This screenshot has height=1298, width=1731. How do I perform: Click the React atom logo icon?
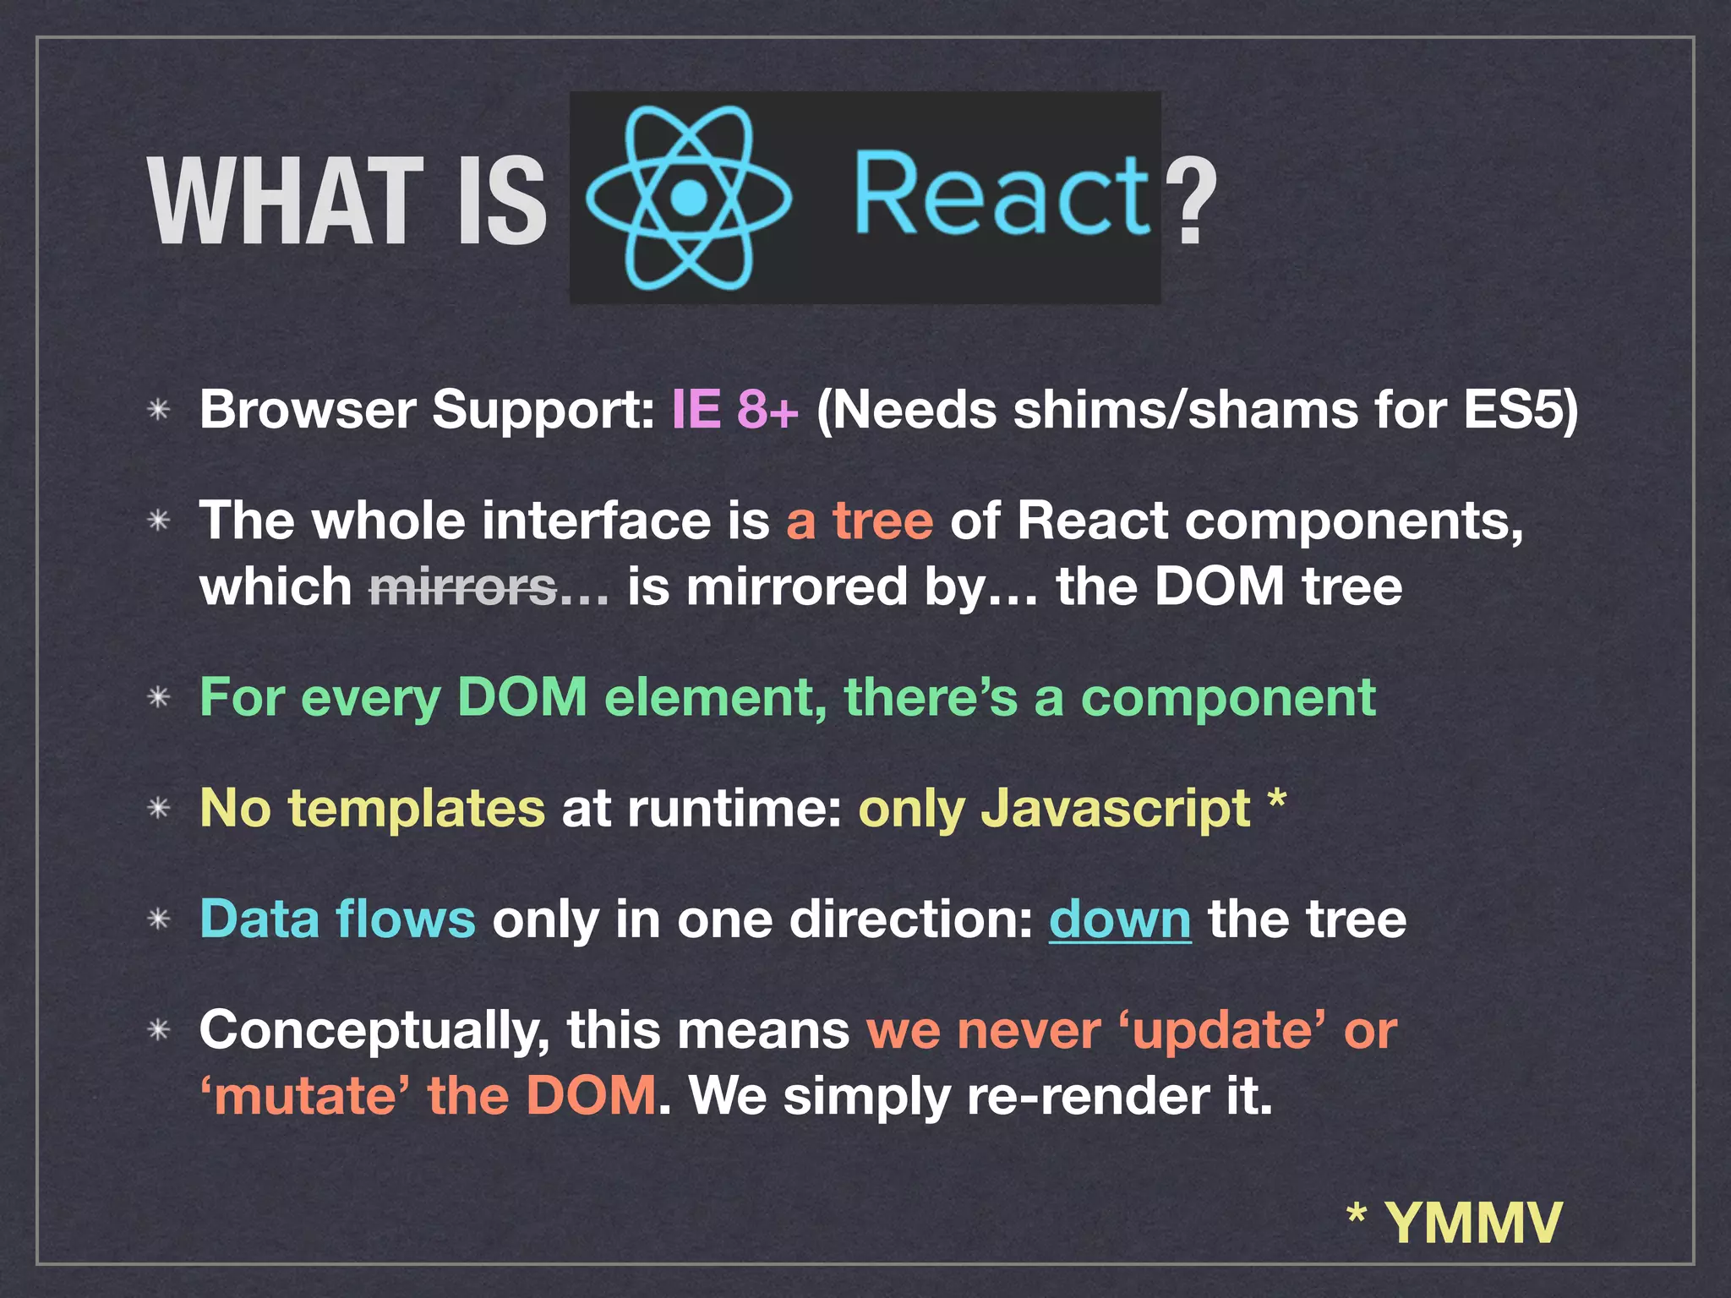click(689, 198)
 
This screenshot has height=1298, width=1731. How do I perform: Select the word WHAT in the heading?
click(286, 203)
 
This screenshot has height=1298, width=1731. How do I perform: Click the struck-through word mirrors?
click(463, 586)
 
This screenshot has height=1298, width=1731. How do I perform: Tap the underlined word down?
click(1120, 919)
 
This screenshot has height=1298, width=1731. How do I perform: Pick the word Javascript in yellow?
click(1116, 809)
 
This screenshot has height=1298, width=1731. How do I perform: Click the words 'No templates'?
click(373, 809)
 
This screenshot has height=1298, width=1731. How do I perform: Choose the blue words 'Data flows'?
click(338, 919)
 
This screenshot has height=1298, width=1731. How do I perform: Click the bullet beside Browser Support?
click(159, 411)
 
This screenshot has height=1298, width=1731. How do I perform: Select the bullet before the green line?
click(159, 698)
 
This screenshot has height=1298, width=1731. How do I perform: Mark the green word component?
click(1228, 698)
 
